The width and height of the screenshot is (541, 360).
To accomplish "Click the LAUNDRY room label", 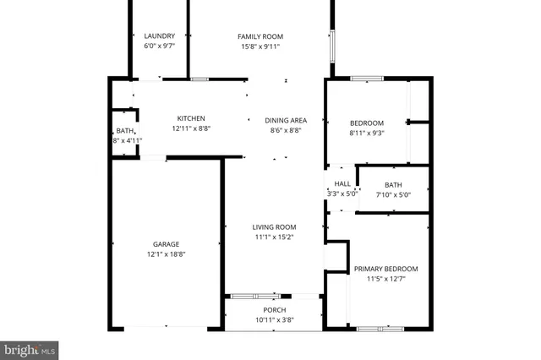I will point(159,35).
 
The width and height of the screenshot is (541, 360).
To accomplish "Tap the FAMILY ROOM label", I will point(260,36).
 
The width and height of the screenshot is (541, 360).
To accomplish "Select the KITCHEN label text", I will point(190,118).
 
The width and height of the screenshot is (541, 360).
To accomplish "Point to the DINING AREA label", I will point(286,120).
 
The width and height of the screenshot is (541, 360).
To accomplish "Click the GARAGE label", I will point(167,244).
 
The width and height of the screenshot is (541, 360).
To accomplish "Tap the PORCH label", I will point(274,310).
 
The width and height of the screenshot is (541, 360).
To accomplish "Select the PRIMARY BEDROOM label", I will point(385,269).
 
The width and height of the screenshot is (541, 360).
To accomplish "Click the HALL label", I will point(342,184).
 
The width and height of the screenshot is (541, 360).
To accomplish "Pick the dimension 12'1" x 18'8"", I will point(167,254).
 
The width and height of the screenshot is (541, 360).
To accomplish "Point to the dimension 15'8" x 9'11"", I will point(260,46).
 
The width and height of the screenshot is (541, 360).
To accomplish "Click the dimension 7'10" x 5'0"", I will point(393,195).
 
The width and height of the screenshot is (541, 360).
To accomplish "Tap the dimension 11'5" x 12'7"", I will point(385,279).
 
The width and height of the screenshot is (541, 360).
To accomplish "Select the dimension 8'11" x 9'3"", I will point(367,133).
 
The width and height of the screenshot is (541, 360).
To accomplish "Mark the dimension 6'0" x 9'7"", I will point(159,46).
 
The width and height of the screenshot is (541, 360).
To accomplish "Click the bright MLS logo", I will point(30,348).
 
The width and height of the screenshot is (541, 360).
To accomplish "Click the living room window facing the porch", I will point(255,296).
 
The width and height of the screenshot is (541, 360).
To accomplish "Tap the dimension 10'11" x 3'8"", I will point(274,320).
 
